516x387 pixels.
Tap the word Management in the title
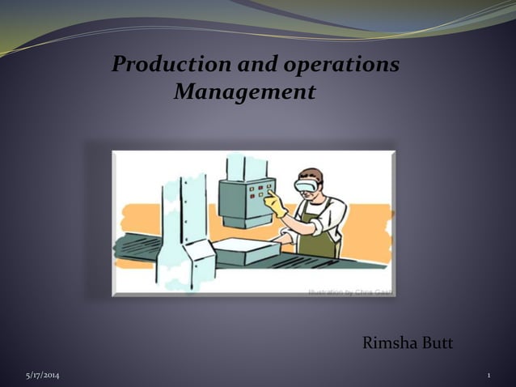coord(244,92)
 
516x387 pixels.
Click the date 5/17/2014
coord(42,376)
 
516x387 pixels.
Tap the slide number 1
coord(489,376)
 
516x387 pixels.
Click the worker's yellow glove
coord(278,206)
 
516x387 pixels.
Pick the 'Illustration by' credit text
coord(349,291)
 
